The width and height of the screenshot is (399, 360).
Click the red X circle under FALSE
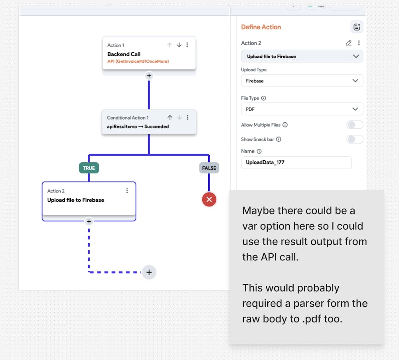point(209,199)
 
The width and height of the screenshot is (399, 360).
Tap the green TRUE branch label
point(89,168)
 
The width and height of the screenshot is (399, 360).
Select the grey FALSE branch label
point(209,168)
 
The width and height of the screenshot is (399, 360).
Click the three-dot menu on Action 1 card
point(188,45)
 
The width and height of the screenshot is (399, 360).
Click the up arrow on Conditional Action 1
point(170,118)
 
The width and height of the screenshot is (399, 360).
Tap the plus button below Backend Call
point(149,75)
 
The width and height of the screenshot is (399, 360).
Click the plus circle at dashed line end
point(149,272)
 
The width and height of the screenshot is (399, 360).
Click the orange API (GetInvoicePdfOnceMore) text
point(138,61)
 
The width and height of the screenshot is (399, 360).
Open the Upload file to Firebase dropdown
point(302,56)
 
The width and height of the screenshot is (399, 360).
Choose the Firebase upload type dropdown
point(302,81)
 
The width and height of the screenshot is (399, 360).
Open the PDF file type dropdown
point(302,109)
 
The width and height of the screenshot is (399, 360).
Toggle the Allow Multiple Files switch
point(354,125)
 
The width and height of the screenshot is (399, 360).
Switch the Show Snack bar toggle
point(354,139)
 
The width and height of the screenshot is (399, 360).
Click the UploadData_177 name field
point(296,162)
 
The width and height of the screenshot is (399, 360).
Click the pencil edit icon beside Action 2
point(348,43)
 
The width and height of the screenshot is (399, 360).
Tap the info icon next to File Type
point(264,98)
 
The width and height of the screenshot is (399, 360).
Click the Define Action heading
point(261,27)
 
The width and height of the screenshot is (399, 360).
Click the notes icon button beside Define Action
point(356,27)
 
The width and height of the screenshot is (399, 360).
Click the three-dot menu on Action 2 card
point(127,191)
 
